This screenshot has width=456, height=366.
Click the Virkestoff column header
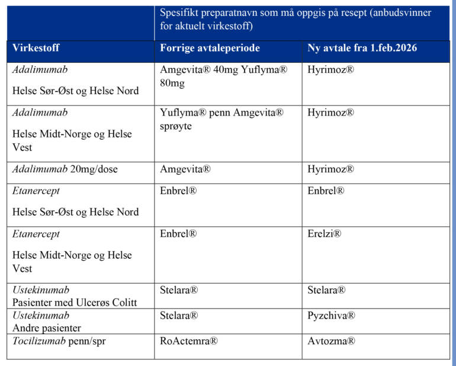pos(36,49)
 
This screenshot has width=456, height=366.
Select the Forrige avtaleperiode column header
pos(210,49)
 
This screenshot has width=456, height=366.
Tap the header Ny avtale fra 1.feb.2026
pos(362,49)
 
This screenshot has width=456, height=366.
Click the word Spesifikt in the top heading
pos(179,13)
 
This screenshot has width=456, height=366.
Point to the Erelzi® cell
pos(325,234)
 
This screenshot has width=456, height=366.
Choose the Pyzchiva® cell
pos(331,316)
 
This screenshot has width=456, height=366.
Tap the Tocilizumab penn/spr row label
pos(57,341)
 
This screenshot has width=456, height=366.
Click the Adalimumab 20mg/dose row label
pos(65,169)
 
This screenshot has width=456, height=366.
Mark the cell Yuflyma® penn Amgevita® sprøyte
pos(221,119)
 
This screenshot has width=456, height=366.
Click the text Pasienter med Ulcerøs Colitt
pos(75,303)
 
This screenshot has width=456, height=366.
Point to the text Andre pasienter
pos(47,328)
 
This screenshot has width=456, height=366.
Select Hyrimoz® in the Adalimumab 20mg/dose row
pos(330,169)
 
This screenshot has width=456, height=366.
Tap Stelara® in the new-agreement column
pos(327,290)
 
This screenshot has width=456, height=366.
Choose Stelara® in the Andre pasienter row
pos(179,316)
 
